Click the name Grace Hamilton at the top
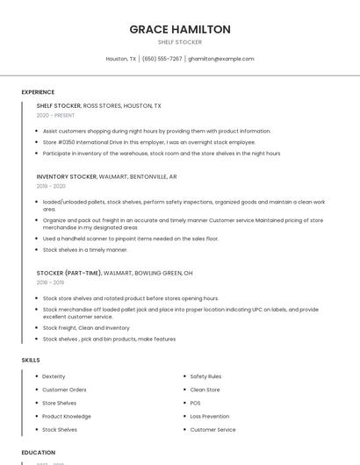click(180, 29)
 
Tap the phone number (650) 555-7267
click(162, 59)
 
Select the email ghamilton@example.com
click(221, 59)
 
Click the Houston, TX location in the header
click(121, 59)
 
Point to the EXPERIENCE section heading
click(38, 92)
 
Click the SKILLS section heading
click(31, 360)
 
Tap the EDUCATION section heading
click(39, 453)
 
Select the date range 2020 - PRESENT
click(55, 115)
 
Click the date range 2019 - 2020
click(51, 186)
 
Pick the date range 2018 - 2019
click(50, 283)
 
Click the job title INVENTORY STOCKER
click(67, 176)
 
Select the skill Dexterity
click(54, 376)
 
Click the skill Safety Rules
click(205, 376)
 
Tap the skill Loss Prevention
click(210, 417)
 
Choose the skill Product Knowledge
click(67, 417)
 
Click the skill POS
click(196, 403)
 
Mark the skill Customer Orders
click(64, 390)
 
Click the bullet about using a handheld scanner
click(131, 239)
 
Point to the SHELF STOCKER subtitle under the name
click(180, 42)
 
